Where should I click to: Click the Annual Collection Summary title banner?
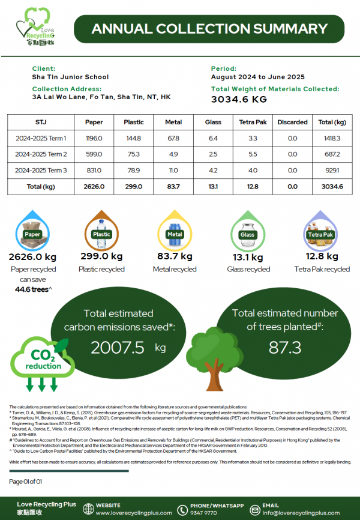point(209,29)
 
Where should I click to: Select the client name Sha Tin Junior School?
point(70,77)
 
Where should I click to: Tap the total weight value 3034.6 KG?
point(239,99)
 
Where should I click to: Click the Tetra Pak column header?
point(253,122)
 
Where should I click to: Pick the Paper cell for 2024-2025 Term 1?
point(94,138)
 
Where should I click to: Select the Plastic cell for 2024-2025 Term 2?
point(133,154)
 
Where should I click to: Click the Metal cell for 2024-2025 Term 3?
point(173,171)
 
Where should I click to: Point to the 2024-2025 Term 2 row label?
point(40,154)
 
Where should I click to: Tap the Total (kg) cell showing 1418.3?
point(331,138)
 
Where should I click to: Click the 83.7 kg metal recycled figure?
point(175,256)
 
